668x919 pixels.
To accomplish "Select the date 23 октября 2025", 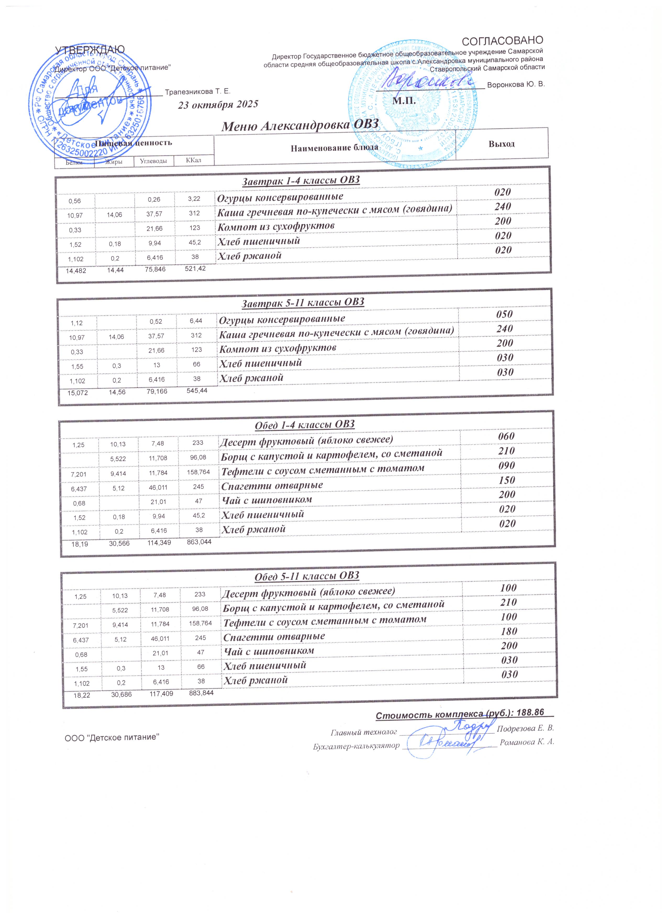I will point(218,104).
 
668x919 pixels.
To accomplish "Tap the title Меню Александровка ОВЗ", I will point(300,125).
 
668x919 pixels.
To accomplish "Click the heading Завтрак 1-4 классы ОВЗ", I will point(300,180).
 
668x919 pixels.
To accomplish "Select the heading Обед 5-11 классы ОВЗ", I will point(307,576).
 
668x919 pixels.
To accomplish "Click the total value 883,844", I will point(201,693).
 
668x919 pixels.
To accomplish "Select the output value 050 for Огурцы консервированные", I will point(504,314).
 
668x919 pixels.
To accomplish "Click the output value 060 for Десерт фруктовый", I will point(506,436).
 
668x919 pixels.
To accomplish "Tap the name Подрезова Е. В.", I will point(525,728).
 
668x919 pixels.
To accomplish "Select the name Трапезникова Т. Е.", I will point(198,92).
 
